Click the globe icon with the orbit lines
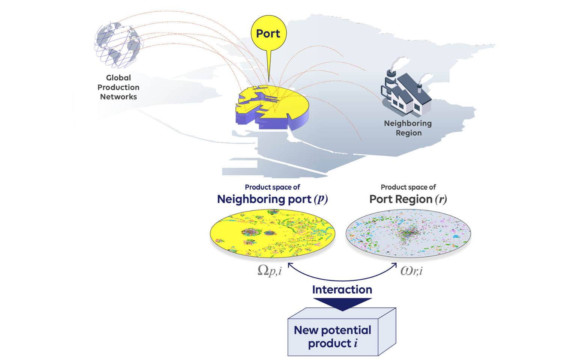[x=118, y=45]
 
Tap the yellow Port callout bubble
[x=268, y=33]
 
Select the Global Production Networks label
[x=118, y=87]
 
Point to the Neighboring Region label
[x=408, y=128]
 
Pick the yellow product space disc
[x=272, y=233]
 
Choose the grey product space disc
[x=408, y=233]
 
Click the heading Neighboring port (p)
[x=272, y=199]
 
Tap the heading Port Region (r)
[x=408, y=199]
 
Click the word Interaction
[x=342, y=289]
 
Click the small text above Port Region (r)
[x=408, y=187]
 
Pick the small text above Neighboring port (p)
[x=272, y=187]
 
